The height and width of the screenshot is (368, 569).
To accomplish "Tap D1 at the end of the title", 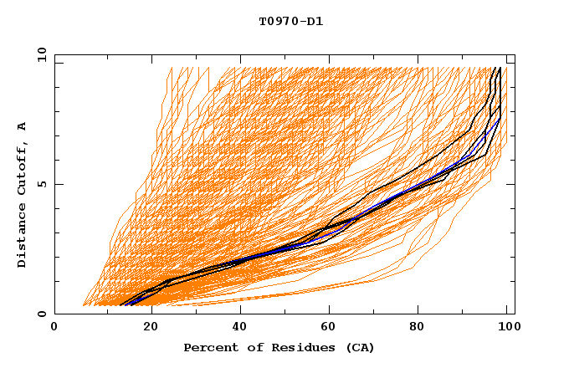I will click(313, 21).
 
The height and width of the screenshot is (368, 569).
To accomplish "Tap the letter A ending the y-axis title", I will click(23, 125).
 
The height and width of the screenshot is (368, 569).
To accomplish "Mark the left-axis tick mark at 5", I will click(58, 184).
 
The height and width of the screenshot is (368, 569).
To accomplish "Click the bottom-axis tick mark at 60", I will click(330, 310).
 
